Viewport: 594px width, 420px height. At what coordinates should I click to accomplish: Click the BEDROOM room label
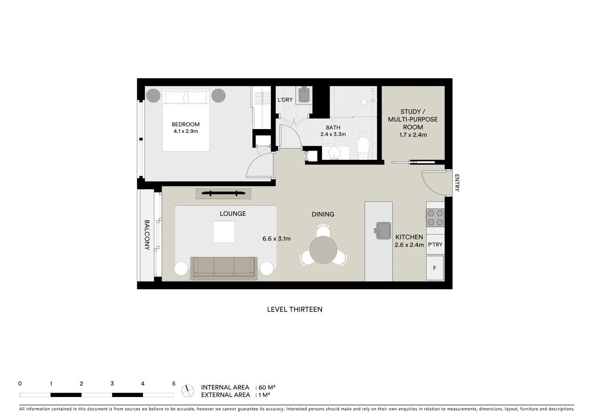[x=185, y=124]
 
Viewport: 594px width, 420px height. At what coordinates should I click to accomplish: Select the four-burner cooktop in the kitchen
[x=435, y=218]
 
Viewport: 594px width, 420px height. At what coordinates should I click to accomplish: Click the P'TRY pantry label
[x=435, y=245]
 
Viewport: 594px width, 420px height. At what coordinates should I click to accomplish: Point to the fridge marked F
[x=435, y=268]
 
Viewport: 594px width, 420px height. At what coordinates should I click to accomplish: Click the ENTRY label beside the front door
[x=457, y=183]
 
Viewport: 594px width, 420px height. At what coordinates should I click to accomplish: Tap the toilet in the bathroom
[x=364, y=148]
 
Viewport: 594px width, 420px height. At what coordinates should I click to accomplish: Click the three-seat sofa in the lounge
[x=224, y=268]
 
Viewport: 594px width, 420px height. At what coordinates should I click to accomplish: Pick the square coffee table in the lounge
[x=224, y=231]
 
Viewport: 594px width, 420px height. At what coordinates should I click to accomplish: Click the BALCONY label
[x=147, y=235]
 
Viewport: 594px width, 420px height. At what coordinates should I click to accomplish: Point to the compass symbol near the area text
[x=188, y=390]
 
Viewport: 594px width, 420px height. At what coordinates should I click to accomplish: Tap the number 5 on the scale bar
[x=173, y=383]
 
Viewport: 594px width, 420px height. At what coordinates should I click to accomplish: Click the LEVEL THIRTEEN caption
[x=294, y=310]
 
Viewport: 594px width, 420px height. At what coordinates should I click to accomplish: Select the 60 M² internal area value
[x=267, y=387]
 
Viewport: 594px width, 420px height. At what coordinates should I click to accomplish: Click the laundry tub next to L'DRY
[x=304, y=95]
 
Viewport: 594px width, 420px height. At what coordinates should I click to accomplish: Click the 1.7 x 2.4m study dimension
[x=413, y=135]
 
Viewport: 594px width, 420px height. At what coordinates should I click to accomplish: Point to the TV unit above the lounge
[x=223, y=193]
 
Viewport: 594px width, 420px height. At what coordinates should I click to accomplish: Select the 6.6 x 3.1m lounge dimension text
[x=276, y=239]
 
